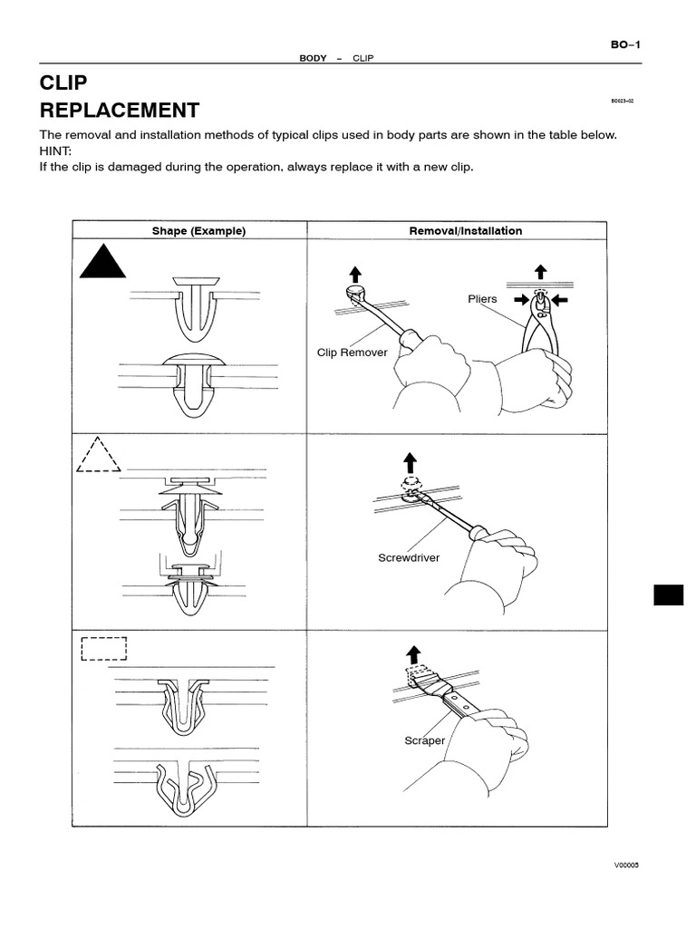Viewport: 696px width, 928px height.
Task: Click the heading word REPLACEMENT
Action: coord(119,111)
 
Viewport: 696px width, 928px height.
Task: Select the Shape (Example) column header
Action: coord(198,231)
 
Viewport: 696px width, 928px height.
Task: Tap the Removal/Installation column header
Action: coord(466,231)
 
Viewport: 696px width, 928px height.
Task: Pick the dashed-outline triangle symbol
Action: coord(98,456)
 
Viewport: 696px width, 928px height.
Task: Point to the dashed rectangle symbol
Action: coord(103,649)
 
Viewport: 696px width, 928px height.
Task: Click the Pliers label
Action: coord(482,298)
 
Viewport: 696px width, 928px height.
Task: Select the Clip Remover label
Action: coord(352,353)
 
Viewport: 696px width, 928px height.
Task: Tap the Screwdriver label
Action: coord(409,557)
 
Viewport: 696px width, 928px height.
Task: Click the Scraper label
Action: coord(424,740)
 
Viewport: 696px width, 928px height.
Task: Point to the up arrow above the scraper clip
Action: coord(414,653)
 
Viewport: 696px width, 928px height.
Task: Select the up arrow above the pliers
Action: coord(541,270)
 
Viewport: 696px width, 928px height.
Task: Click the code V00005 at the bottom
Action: coord(626,865)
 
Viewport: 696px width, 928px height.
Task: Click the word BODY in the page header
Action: coord(313,58)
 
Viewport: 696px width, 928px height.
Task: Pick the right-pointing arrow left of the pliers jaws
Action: coord(521,297)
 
